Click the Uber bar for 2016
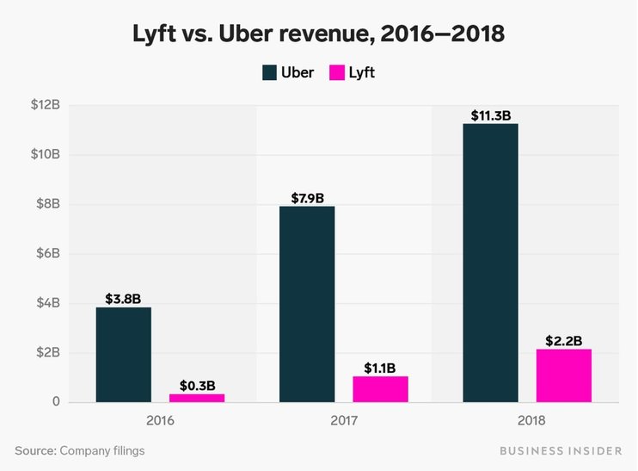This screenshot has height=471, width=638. coord(123,355)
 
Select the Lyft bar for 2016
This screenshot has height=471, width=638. coord(197,398)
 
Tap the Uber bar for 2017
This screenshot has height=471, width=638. coord(307,304)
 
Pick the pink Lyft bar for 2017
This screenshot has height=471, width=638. coord(380,389)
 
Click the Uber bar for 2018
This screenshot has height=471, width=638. coord(490,263)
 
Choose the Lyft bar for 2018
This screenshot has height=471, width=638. coord(563,375)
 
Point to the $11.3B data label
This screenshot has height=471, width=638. coord(491,115)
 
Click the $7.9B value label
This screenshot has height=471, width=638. coord(307,198)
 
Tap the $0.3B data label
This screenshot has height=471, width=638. coord(197,386)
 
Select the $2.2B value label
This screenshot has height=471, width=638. coord(563,340)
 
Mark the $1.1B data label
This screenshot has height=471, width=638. coord(380,368)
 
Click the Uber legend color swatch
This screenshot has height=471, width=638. coord(269,72)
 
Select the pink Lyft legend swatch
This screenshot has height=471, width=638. coord(337,72)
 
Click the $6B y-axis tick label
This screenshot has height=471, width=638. coord(46,254)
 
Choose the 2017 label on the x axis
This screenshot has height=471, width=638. coord(343,421)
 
